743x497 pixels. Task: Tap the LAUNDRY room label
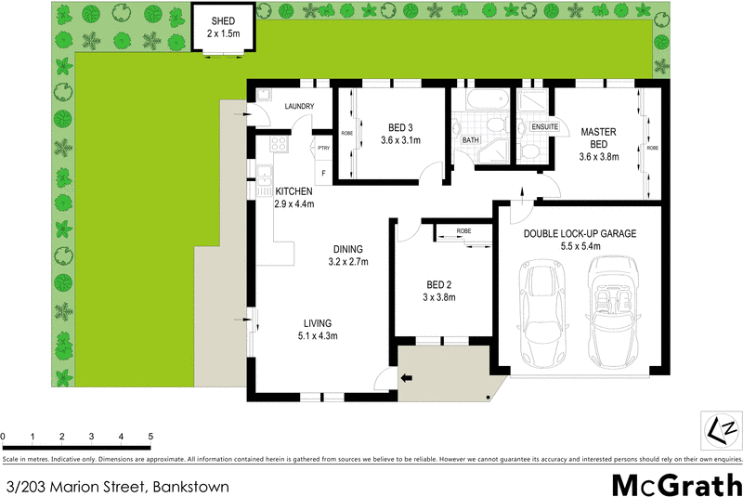tap(300, 107)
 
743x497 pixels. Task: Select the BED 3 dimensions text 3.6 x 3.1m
tap(401, 141)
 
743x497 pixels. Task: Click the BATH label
tap(471, 141)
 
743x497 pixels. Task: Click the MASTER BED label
tap(598, 138)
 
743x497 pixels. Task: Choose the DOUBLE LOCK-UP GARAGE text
tap(580, 234)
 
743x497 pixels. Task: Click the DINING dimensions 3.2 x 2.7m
tap(348, 262)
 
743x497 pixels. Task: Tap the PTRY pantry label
tap(323, 149)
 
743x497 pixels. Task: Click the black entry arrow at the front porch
tap(406, 377)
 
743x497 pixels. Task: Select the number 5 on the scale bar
tap(150, 437)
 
